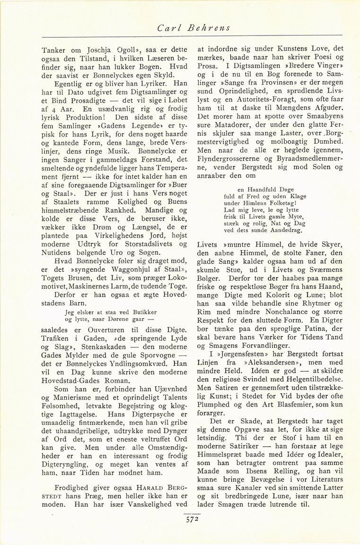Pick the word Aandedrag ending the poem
(284, 231)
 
